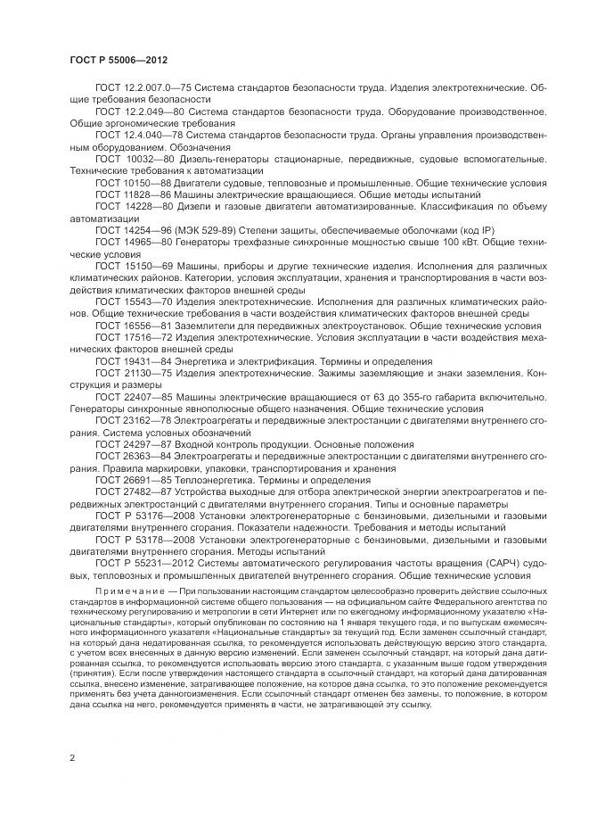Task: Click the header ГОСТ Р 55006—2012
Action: coord(119,61)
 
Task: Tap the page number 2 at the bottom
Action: coord(72,757)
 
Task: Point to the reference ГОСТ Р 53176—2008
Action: coord(136,516)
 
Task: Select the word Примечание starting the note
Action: coord(126,592)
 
